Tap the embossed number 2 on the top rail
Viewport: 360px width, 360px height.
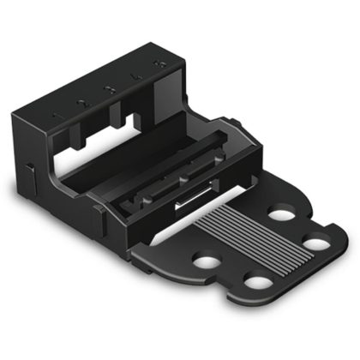point(81,102)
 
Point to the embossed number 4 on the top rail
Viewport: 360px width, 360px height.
point(135,78)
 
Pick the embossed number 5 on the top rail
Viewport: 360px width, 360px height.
point(158,68)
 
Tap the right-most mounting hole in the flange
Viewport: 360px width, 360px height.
point(316,243)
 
